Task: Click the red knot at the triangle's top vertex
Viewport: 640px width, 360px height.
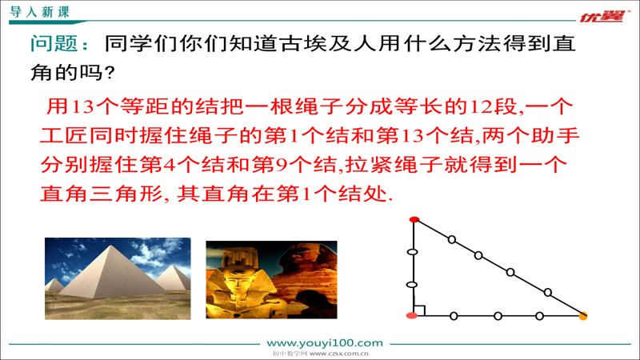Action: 414,219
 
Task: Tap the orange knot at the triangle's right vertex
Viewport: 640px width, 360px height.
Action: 583,315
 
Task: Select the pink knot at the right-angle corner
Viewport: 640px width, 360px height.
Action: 412,315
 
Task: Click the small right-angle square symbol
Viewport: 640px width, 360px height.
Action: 419,310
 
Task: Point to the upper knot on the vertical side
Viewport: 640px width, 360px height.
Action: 413,252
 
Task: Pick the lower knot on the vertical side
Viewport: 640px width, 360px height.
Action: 412,285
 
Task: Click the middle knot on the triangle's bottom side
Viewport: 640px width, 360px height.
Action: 498,316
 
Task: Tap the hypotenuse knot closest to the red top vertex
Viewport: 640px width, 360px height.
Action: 452,239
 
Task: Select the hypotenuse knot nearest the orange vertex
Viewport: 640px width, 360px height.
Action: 548,292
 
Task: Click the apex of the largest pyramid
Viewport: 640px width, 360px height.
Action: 110,246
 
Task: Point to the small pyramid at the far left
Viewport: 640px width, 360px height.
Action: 54,286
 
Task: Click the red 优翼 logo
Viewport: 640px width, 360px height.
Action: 603,16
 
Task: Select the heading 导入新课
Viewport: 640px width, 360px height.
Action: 39,12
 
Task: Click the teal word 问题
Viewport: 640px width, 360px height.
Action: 54,43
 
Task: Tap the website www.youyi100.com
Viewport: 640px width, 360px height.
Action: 325,343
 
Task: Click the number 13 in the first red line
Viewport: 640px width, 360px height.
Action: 83,106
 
